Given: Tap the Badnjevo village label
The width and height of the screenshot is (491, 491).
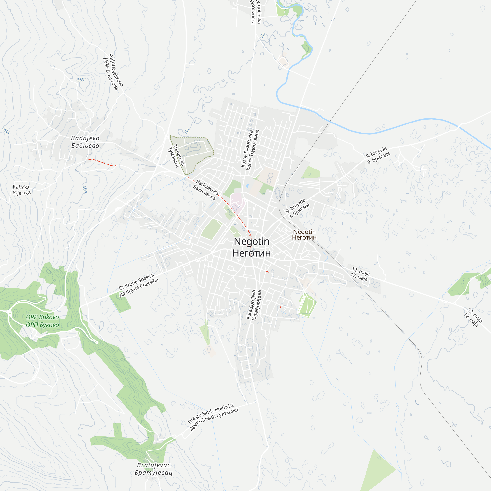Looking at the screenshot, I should tap(85, 142).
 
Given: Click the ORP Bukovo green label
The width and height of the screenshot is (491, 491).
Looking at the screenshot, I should tap(42, 321).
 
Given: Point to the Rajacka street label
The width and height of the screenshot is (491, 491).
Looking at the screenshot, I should tap(22, 190).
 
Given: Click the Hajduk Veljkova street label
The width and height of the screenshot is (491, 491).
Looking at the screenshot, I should tap(113, 72).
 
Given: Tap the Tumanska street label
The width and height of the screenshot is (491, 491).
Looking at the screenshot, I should tap(176, 156).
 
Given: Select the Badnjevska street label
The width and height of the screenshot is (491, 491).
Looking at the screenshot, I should tap(206, 190).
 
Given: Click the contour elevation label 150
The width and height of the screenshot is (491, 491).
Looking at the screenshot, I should tap(81, 80).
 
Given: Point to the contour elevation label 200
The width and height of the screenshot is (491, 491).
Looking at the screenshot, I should tap(6, 131).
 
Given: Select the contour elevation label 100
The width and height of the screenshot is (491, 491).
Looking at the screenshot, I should tap(85, 189).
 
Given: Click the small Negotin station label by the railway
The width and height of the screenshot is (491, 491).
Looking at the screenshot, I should tap(304, 234).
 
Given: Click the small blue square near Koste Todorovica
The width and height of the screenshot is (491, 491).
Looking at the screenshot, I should tap(247, 186).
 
